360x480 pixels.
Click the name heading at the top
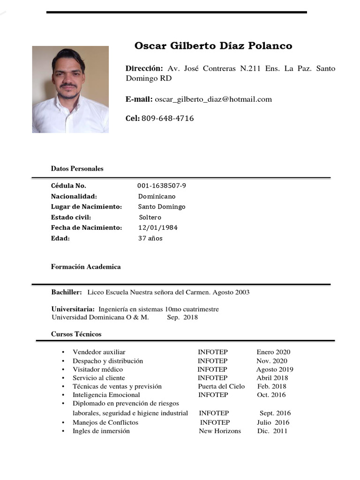(x=213, y=46)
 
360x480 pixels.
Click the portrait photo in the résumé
(x=70, y=89)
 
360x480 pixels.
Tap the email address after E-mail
(x=213, y=99)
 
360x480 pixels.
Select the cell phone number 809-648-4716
(x=167, y=119)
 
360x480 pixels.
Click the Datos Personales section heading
(x=77, y=169)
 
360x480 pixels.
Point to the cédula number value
(x=162, y=186)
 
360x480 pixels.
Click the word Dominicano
(x=157, y=196)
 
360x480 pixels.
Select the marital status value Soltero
(x=150, y=217)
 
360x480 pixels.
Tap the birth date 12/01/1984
(x=157, y=228)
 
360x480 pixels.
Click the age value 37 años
(x=150, y=239)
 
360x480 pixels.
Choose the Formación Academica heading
(x=86, y=267)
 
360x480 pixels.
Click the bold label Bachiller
(x=67, y=292)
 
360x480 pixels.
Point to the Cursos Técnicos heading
(x=76, y=334)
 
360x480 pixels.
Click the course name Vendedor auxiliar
(x=99, y=352)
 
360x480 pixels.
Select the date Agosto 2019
(x=275, y=369)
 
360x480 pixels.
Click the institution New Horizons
(x=220, y=431)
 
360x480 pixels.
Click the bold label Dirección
(x=144, y=68)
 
